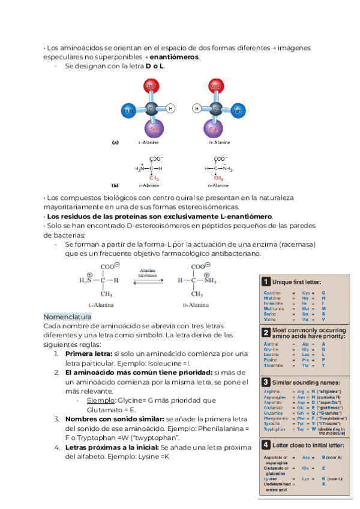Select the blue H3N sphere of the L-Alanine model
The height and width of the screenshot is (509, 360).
(128, 111)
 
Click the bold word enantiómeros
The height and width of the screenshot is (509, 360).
(175, 57)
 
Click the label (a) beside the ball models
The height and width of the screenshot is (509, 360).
(116, 143)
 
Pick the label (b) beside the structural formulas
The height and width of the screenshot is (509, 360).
(116, 185)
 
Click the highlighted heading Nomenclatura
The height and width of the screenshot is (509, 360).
(67, 316)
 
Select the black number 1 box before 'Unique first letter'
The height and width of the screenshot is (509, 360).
(265, 282)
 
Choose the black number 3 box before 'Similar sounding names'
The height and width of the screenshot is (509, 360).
(265, 382)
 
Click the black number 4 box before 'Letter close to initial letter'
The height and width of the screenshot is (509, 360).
(265, 445)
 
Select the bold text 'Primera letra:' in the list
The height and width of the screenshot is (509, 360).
(89, 354)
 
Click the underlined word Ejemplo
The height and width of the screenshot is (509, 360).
(99, 400)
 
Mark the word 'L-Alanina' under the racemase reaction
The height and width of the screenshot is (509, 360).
(98, 305)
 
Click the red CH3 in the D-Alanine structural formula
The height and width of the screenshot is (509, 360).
(218, 178)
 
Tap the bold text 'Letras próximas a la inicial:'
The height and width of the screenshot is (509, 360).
(112, 447)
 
